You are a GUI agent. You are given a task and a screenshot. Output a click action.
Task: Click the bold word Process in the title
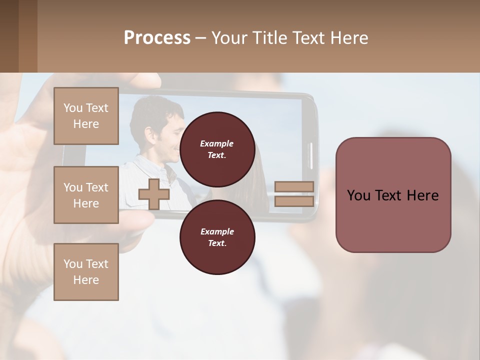coord(157,38)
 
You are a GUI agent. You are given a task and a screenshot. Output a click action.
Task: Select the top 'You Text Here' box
coord(86,116)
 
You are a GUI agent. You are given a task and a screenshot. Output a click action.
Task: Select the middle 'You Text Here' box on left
coord(86,195)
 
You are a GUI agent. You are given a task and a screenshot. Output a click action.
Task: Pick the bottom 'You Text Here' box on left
coord(86,271)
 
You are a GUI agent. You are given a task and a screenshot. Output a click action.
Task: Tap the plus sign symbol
coord(154,194)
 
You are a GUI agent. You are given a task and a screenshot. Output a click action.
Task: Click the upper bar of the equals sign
coord(294,186)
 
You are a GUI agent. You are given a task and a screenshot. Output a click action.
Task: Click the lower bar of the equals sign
coord(294,201)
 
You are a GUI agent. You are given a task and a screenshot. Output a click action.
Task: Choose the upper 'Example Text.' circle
coord(217,149)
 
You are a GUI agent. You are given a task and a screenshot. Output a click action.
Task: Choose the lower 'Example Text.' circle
coord(217,237)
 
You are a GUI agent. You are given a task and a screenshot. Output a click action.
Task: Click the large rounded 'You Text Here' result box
coord(393,194)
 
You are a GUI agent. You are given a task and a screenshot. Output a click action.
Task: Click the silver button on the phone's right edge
coord(310,155)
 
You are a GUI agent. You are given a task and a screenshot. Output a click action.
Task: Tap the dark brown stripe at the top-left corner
coord(9,36)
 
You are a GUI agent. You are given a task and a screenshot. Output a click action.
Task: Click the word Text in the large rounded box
coord(393,195)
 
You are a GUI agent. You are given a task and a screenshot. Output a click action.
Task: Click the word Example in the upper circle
coord(217,143)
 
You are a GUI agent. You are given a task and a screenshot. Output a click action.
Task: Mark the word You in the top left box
coord(73,108)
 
